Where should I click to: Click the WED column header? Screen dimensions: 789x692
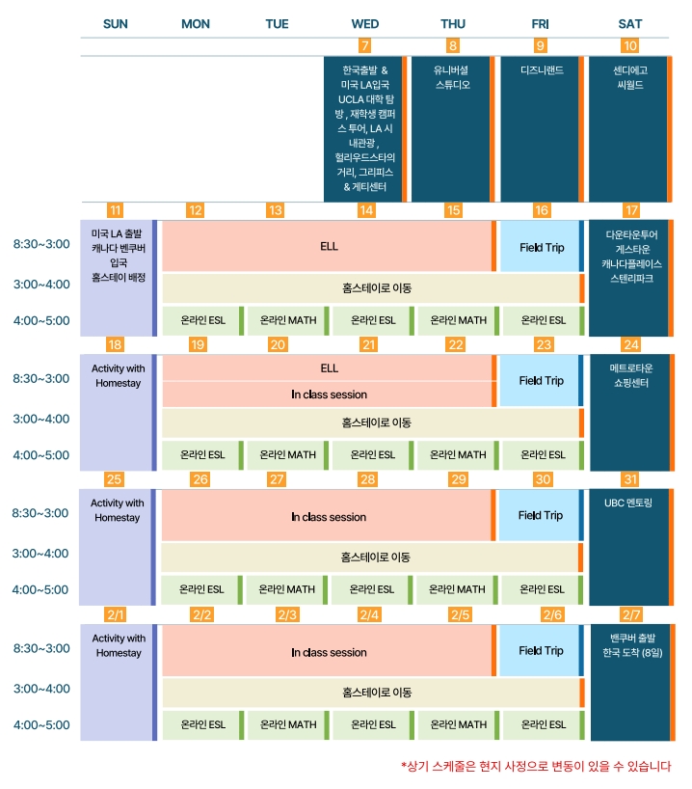pos(364,24)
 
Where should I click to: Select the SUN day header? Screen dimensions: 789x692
pos(115,24)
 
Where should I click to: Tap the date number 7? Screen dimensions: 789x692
pos(364,45)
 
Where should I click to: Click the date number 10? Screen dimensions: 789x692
pos(630,45)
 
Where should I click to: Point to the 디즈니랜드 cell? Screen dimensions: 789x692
pos(541,71)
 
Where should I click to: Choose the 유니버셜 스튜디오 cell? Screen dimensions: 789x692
pos(452,77)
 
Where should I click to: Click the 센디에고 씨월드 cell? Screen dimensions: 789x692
pos(629,77)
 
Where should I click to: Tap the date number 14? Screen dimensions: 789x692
pos(366,210)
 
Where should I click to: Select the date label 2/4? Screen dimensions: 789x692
pos(369,614)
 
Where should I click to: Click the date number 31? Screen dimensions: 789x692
pos(631,479)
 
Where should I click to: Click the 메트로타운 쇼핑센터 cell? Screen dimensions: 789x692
pos(629,375)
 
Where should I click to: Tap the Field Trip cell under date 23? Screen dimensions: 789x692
pos(541,381)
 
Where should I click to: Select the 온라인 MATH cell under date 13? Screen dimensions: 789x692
pos(287,320)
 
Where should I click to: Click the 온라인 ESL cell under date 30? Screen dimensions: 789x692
pos(540,589)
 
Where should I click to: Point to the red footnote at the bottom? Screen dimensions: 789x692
pos(535,766)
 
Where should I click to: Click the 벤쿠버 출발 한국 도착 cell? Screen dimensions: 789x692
pos(629,645)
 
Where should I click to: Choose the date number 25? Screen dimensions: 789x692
pos(115,479)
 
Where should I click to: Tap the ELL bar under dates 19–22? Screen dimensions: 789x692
pos(328,367)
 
